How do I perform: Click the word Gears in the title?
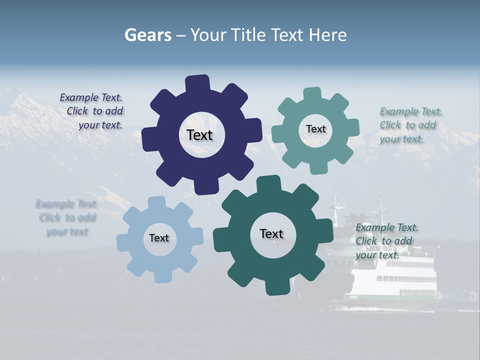click(147, 35)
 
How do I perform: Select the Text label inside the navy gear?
click(199, 135)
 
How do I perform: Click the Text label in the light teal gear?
click(315, 129)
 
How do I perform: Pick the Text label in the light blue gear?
click(159, 238)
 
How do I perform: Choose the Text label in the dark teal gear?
click(271, 233)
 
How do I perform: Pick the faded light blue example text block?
click(67, 217)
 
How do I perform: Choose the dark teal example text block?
click(386, 241)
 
